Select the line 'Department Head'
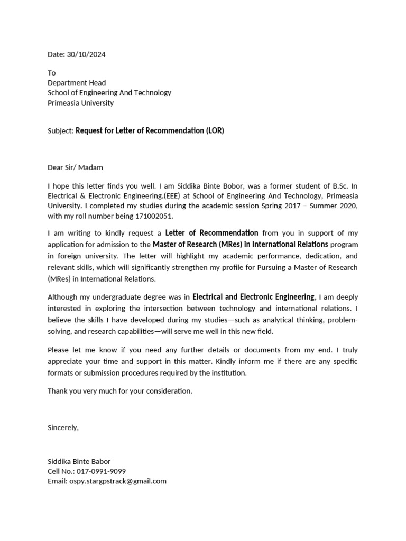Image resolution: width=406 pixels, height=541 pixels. coord(77,82)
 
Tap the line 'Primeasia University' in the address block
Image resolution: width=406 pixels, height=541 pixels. coord(80,103)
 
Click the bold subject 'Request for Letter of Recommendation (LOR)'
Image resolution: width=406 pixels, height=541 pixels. coord(150,130)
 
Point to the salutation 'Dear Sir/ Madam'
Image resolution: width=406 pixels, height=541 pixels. coord(75,167)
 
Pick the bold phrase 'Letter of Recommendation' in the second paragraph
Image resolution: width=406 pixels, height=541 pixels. coord(211,233)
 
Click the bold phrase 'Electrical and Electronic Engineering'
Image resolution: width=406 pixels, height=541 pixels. coord(253,297)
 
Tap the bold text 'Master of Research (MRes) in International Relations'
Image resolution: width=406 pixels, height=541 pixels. coord(241,244)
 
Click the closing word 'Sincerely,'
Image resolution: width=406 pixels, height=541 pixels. coord(63,427)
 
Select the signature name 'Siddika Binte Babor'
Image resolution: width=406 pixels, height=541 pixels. coord(79,461)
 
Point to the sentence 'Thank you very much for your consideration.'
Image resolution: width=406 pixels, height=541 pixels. coord(120,391)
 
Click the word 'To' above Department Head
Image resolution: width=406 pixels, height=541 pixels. coord(51,72)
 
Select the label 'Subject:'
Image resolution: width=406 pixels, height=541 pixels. coord(60,131)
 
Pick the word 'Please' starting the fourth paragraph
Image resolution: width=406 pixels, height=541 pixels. coord(58,350)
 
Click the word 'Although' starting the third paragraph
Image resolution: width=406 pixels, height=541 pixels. coord(62,297)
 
